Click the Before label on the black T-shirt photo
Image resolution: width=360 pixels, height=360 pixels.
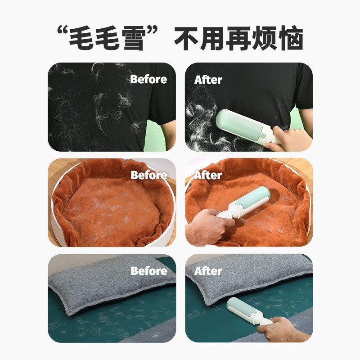(x=148, y=80)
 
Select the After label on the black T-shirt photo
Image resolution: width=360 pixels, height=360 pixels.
(x=208, y=80)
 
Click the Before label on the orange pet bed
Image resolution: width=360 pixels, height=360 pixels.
(x=148, y=175)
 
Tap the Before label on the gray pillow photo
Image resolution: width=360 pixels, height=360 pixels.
(x=148, y=271)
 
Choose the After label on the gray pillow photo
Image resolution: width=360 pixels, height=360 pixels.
(x=208, y=271)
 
